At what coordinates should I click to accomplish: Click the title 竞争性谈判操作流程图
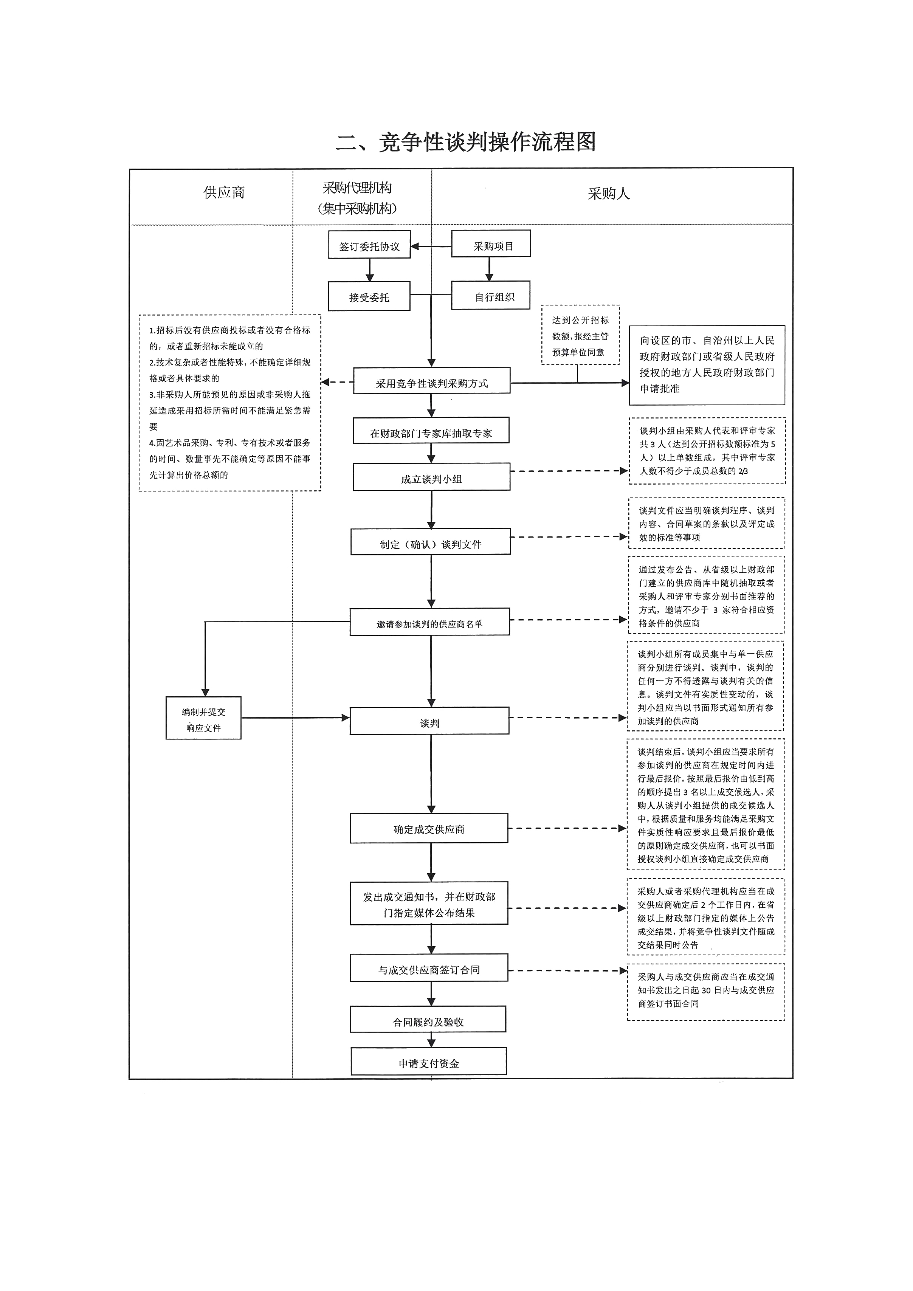(465, 142)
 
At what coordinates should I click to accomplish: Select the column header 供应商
(224, 193)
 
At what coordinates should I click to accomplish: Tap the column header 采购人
(609, 194)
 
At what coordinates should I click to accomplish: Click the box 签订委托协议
(369, 246)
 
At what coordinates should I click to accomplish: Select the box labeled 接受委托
(369, 297)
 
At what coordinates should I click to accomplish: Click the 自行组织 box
(491, 296)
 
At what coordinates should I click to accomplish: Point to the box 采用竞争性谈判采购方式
(431, 382)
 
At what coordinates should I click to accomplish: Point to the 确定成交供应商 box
(429, 828)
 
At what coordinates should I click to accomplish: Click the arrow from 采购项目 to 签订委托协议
(431, 246)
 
